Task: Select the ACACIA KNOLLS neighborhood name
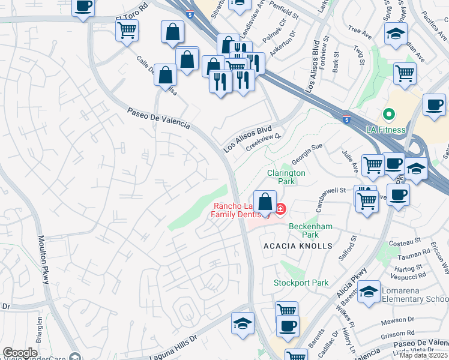point(298,246)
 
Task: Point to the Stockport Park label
point(301,282)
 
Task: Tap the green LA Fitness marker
point(388,113)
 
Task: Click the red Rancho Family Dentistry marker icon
point(280,209)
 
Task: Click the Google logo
point(20,353)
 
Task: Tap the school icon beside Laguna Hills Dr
point(243,323)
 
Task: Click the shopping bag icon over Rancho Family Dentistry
point(265,201)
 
